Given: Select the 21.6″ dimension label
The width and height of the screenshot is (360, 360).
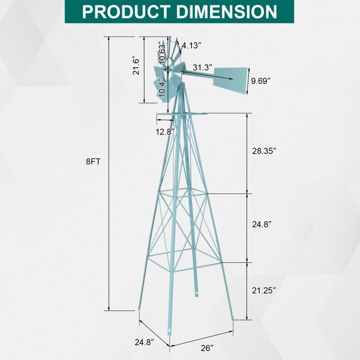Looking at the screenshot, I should pyautogui.click(x=136, y=65).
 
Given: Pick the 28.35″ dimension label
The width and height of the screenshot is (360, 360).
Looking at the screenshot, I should pyautogui.click(x=263, y=151).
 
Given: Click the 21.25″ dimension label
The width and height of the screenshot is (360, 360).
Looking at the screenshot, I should pyautogui.click(x=263, y=290).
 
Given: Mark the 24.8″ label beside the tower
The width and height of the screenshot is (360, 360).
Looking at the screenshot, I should pyautogui.click(x=262, y=224).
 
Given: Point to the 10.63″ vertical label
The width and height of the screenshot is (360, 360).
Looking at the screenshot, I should pyautogui.click(x=162, y=53).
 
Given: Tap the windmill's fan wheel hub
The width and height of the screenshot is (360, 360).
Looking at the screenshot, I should pyautogui.click(x=170, y=70).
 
